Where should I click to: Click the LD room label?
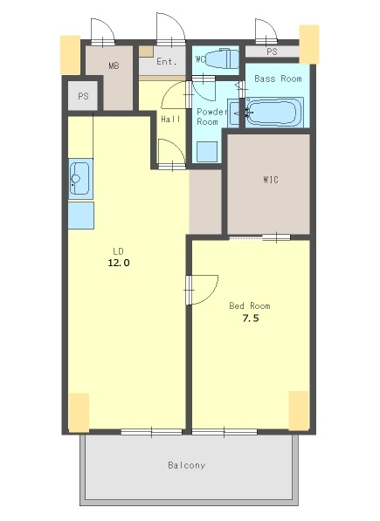[x=118, y=250]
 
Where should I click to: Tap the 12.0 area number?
[x=119, y=263]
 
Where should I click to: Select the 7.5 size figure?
[x=251, y=319]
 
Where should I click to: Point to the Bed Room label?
[x=250, y=305]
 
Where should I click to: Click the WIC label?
[x=271, y=180]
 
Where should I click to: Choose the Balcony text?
[x=187, y=465]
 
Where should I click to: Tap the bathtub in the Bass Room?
[x=274, y=112]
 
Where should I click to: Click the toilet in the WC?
[x=222, y=58]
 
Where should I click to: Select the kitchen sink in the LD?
[x=80, y=179]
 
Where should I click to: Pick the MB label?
[x=114, y=65]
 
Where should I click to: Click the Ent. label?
[x=167, y=61]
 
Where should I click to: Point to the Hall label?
[x=171, y=119]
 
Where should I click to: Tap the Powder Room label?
[x=211, y=117]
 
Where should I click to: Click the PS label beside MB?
[x=83, y=96]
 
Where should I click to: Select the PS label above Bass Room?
[x=272, y=51]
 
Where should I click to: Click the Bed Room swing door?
[x=202, y=290]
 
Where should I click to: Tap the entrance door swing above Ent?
[x=171, y=29]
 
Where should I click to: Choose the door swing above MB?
[x=103, y=31]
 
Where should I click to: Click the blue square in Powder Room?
[x=207, y=152]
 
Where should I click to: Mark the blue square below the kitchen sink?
[x=80, y=215]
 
